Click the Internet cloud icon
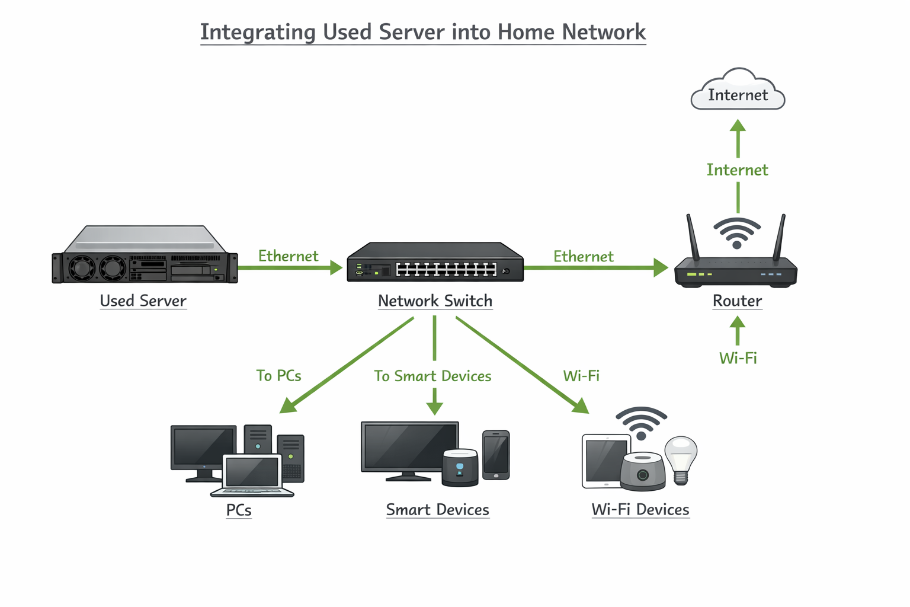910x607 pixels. click(738, 91)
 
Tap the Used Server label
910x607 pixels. click(143, 301)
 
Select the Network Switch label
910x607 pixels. click(435, 301)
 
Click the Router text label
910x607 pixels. click(737, 301)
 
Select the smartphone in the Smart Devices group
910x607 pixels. click(496, 455)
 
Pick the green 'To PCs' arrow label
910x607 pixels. click(278, 376)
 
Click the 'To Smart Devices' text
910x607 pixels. click(432, 376)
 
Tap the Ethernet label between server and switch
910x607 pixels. click(288, 256)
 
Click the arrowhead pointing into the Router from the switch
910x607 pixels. click(660, 267)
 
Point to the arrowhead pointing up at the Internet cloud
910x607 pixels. click(738, 126)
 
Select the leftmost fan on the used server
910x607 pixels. click(82, 269)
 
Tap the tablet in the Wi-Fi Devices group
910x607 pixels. click(604, 461)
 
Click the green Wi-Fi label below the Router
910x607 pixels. click(738, 358)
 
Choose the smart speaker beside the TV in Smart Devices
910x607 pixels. click(460, 468)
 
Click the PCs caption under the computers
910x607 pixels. click(239, 510)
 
